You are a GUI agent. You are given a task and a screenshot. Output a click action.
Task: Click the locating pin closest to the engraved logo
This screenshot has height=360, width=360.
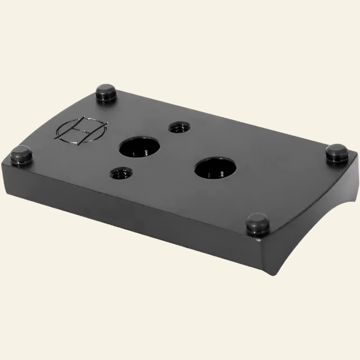[x=107, y=93]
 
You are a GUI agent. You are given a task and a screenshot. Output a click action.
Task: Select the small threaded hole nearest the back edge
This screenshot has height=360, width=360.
[x=177, y=127]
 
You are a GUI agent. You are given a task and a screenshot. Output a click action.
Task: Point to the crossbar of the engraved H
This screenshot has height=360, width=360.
[x=82, y=130]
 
